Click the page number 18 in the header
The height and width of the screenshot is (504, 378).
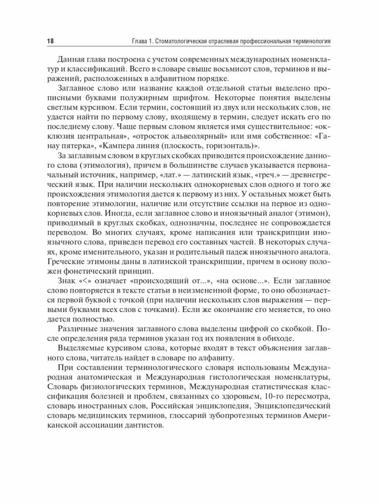tap(50, 42)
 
